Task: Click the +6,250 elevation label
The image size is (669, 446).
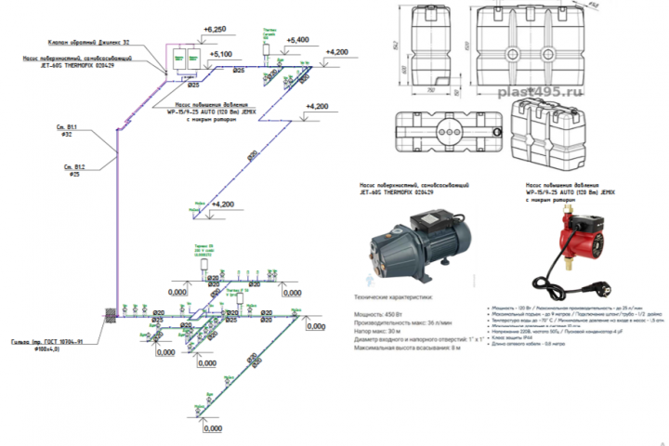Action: click(x=216, y=29)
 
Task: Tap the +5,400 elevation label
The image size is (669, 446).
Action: click(x=299, y=41)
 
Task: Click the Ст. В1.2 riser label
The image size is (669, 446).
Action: click(x=74, y=168)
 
